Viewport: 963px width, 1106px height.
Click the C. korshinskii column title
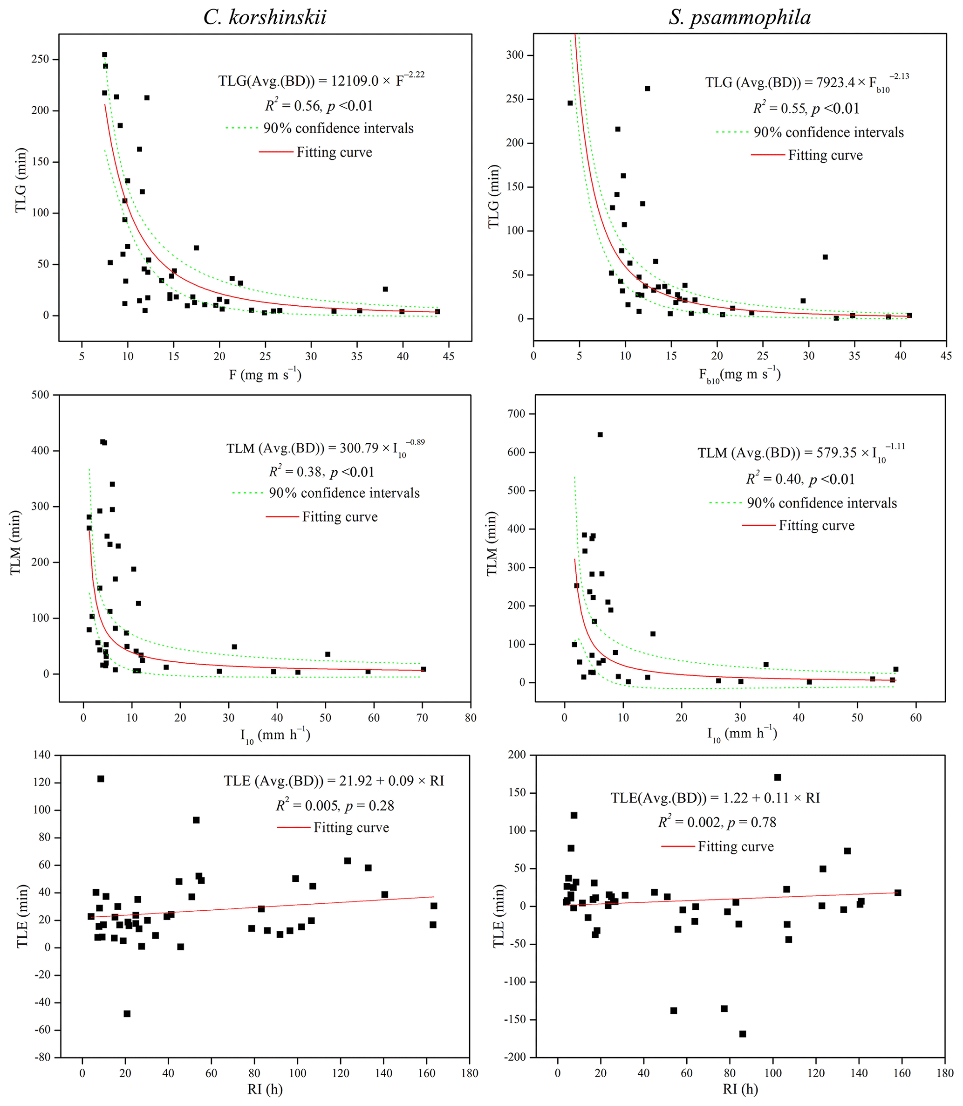[265, 18]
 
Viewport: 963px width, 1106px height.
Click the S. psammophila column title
[739, 18]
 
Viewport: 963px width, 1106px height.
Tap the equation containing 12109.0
[321, 80]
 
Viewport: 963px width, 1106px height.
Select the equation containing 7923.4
[806, 82]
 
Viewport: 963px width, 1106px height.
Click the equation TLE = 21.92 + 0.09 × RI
[334, 780]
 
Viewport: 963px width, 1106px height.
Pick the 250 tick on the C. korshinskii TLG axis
[40, 59]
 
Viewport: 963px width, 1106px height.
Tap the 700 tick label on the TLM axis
[516, 414]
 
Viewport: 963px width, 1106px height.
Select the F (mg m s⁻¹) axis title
[265, 374]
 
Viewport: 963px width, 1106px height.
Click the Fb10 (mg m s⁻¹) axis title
[739, 375]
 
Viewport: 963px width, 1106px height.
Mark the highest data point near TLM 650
[600, 434]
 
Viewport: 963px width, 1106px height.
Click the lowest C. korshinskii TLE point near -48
[127, 1014]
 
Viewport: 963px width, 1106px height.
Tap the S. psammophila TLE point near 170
[777, 777]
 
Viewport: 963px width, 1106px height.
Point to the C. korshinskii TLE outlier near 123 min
[101, 778]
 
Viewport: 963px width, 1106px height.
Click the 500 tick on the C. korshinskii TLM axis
[39, 395]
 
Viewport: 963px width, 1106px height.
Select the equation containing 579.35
[801, 452]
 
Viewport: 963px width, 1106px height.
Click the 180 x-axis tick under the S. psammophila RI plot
[945, 1072]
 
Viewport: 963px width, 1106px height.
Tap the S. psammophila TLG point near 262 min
[648, 89]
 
